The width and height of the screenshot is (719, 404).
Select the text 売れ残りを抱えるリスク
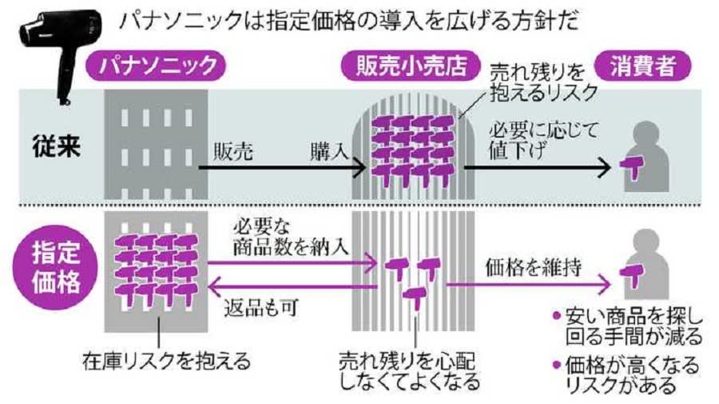pyautogui.click(x=543, y=82)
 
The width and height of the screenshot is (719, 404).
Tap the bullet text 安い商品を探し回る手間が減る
pyautogui.click(x=631, y=324)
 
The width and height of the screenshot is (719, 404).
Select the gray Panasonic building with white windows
pyautogui.click(x=156, y=144)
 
